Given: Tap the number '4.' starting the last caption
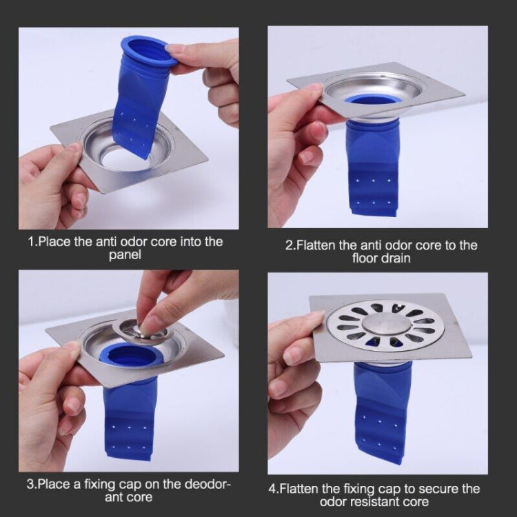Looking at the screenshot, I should pos(273,489).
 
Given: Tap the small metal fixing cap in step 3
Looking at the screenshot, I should pos(141,330).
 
